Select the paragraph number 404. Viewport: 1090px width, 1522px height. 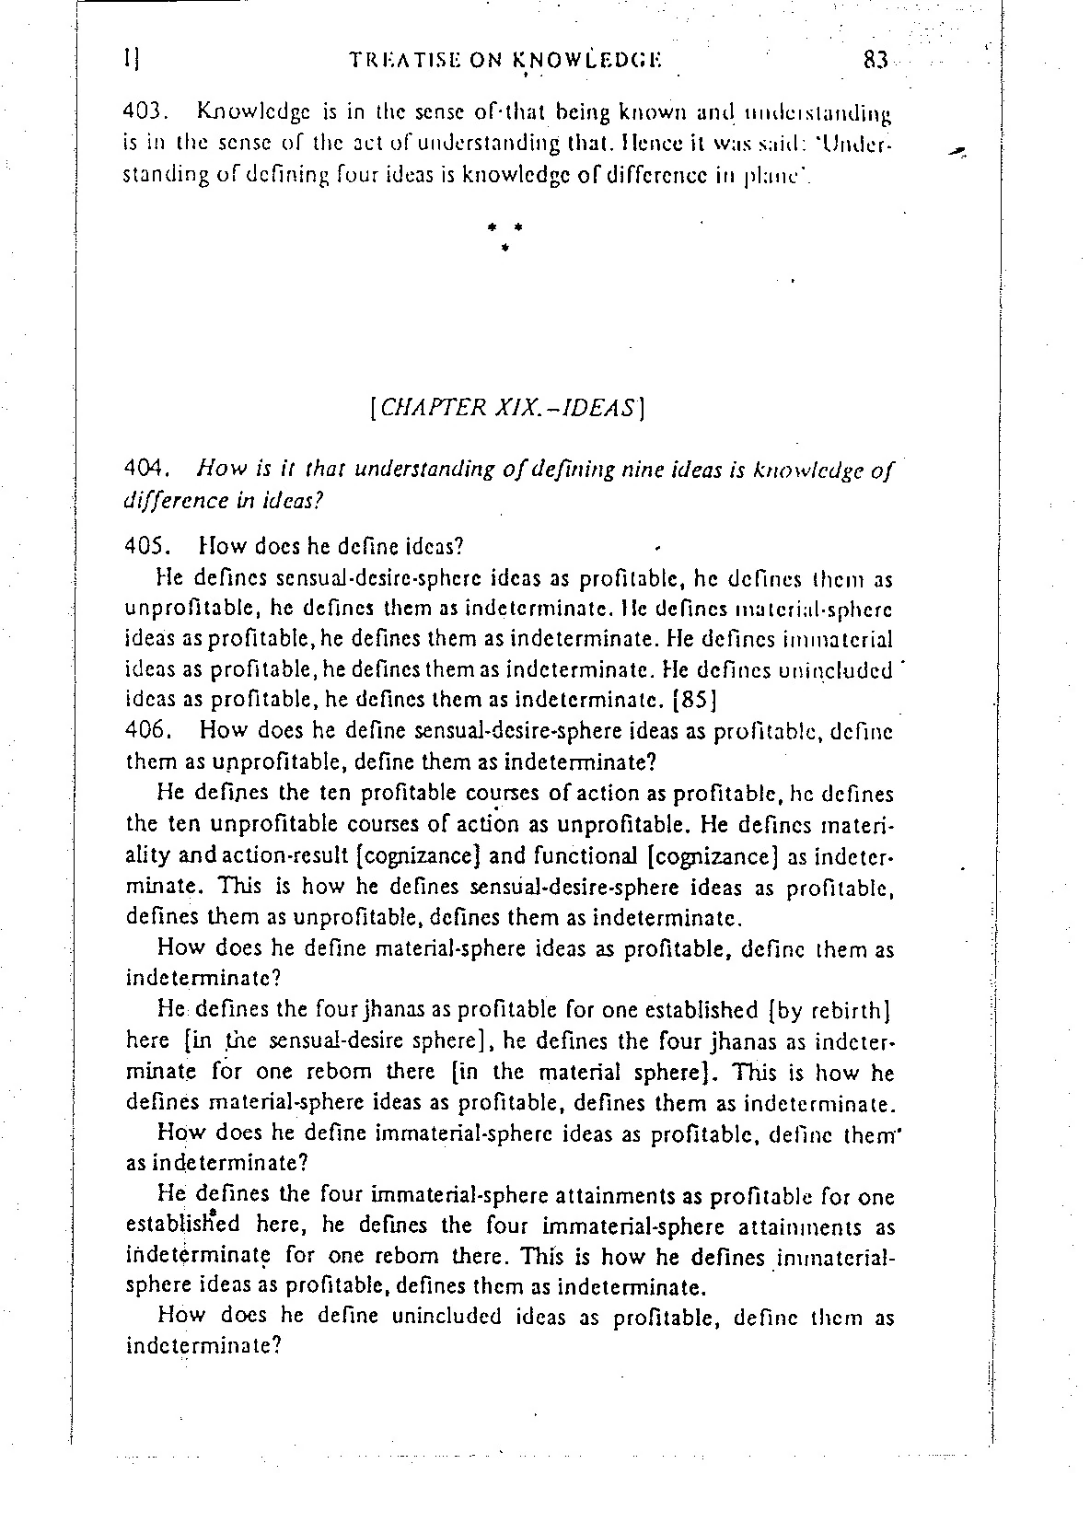click(144, 471)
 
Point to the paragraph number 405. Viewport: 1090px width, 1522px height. click(144, 546)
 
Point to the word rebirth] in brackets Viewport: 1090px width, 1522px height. click(845, 1011)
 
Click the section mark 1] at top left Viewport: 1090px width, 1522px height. click(131, 60)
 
